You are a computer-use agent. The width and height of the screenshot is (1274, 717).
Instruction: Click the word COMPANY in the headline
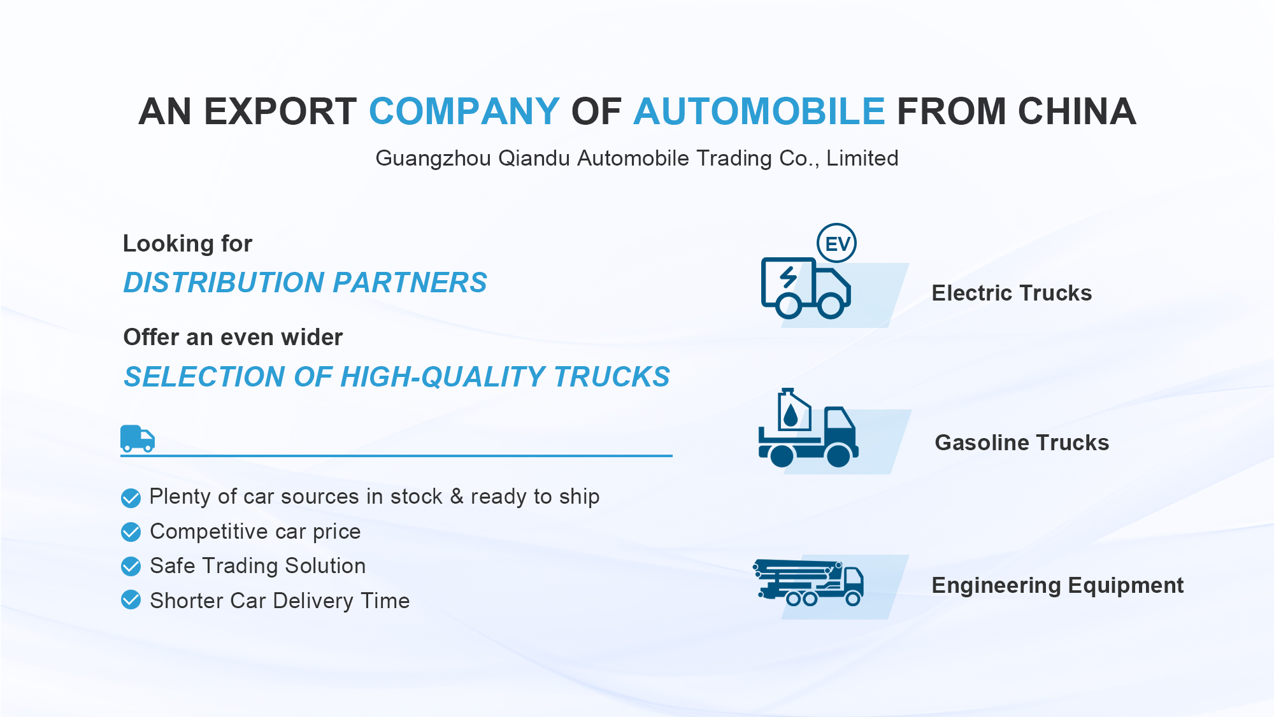(x=464, y=111)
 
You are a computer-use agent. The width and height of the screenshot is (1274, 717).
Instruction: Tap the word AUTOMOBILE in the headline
(x=759, y=111)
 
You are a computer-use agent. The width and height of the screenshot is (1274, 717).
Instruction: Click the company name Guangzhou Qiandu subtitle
(x=637, y=158)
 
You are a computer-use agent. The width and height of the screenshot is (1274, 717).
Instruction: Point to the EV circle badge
(x=837, y=243)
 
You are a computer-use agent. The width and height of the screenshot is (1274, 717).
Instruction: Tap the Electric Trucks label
(x=1012, y=293)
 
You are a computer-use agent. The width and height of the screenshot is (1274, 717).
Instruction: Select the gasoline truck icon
(x=808, y=428)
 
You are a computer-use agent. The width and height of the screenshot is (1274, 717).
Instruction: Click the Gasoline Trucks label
(x=1022, y=443)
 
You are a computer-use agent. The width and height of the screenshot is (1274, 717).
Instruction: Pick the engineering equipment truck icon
(x=808, y=582)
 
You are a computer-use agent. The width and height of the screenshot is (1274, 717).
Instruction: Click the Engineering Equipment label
(x=1057, y=585)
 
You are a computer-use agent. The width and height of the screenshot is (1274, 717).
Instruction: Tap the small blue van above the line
(x=138, y=439)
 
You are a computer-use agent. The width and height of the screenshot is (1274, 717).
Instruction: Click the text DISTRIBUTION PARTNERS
(x=305, y=283)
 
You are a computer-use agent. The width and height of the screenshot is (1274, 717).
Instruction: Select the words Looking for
(x=187, y=244)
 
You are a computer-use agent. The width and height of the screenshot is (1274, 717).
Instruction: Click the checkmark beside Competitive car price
(x=131, y=532)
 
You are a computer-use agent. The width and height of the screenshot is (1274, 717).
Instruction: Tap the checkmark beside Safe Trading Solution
(x=131, y=566)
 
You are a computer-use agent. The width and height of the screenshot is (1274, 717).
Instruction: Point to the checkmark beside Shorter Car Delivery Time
(x=131, y=600)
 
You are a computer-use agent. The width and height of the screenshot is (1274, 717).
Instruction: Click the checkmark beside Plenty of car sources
(x=131, y=498)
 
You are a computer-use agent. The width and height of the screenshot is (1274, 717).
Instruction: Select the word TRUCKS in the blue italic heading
(x=612, y=377)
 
